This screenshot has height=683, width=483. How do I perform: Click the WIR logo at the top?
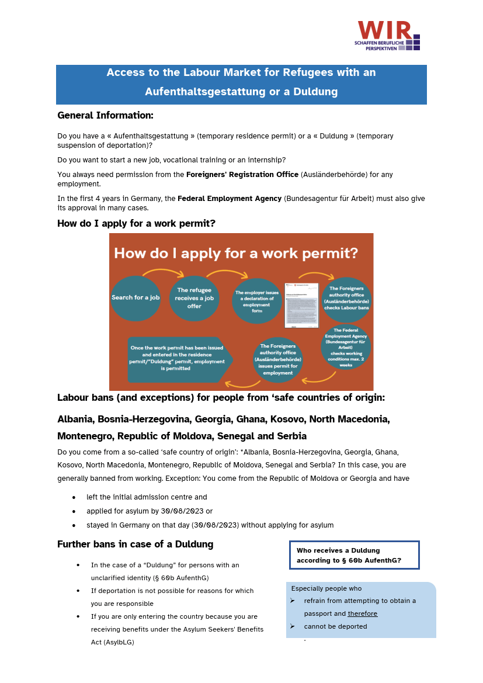(x=388, y=36)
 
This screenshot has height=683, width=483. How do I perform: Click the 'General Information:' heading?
(x=105, y=115)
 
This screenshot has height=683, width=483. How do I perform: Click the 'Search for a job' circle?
(x=135, y=298)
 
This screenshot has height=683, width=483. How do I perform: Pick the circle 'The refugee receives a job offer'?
(x=194, y=298)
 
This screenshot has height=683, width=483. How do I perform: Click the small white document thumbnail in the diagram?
(x=302, y=305)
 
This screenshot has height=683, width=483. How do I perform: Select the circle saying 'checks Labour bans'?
(x=346, y=299)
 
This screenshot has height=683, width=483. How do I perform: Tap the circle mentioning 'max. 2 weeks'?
(x=346, y=346)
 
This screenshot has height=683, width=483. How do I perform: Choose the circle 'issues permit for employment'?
(x=278, y=359)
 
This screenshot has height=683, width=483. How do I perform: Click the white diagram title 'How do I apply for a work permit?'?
(x=236, y=254)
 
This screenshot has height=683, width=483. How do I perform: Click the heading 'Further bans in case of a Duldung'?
(x=135, y=545)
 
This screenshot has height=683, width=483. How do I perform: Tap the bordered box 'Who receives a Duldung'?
(x=355, y=555)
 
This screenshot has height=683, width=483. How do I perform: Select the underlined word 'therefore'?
(x=363, y=613)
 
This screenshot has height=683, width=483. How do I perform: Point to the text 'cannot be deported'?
(x=335, y=626)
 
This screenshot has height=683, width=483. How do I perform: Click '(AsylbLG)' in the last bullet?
(x=114, y=642)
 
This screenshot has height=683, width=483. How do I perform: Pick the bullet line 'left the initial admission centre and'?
(x=147, y=497)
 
